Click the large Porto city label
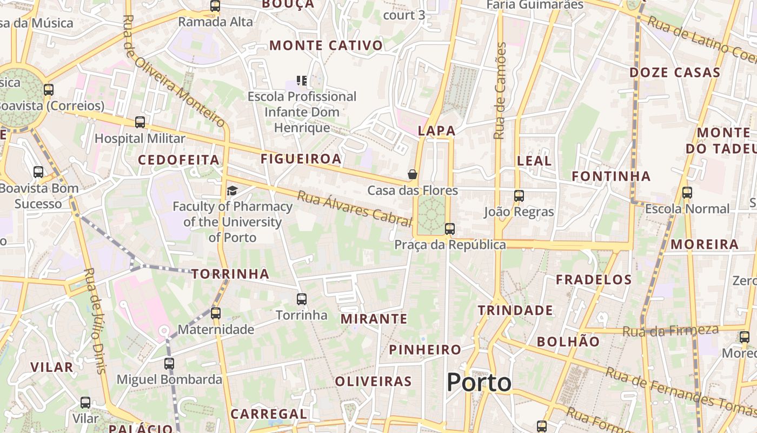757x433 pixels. (x=479, y=383)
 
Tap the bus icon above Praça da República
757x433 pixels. (x=450, y=229)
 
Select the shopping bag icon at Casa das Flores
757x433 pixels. (x=413, y=174)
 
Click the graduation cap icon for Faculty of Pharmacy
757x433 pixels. (x=232, y=191)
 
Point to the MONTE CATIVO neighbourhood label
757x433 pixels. (x=326, y=45)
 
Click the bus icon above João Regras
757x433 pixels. (x=519, y=195)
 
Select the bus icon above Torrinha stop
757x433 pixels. (x=302, y=299)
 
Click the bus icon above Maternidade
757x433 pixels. (x=216, y=313)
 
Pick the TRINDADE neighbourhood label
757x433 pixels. (x=515, y=310)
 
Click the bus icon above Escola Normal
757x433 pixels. (x=687, y=192)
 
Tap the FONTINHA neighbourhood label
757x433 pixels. (x=611, y=176)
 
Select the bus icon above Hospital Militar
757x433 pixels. (x=140, y=122)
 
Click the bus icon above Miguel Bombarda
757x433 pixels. (x=169, y=363)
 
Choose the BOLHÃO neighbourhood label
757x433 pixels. (x=568, y=342)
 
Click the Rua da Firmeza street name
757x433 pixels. (x=670, y=330)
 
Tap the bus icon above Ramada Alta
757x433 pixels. (x=215, y=6)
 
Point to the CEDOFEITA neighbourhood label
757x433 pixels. (x=178, y=160)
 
